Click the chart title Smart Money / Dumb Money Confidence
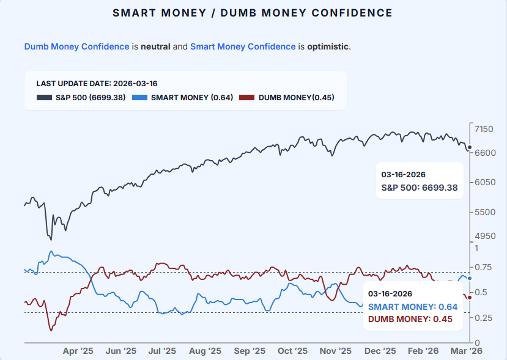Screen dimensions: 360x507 [253, 13]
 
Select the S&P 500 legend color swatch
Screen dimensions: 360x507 [44, 97]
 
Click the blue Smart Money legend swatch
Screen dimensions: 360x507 [139, 97]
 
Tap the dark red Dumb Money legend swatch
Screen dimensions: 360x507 [246, 97]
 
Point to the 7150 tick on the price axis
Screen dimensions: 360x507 [484, 129]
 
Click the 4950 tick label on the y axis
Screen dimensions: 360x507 [484, 236]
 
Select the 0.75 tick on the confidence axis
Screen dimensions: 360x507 [482, 267]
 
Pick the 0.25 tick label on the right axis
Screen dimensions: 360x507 [482, 317]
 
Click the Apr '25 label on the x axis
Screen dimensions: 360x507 [78, 351]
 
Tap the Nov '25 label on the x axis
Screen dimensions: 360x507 [336, 351]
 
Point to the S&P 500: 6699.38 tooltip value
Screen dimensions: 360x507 [420, 188]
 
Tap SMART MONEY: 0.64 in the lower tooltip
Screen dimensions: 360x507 [412, 306]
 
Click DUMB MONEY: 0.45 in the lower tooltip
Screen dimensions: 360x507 [410, 318]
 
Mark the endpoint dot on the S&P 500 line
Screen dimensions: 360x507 [469, 148]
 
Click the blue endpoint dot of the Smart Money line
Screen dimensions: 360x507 [469, 278]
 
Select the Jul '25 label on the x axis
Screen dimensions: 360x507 [162, 351]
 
